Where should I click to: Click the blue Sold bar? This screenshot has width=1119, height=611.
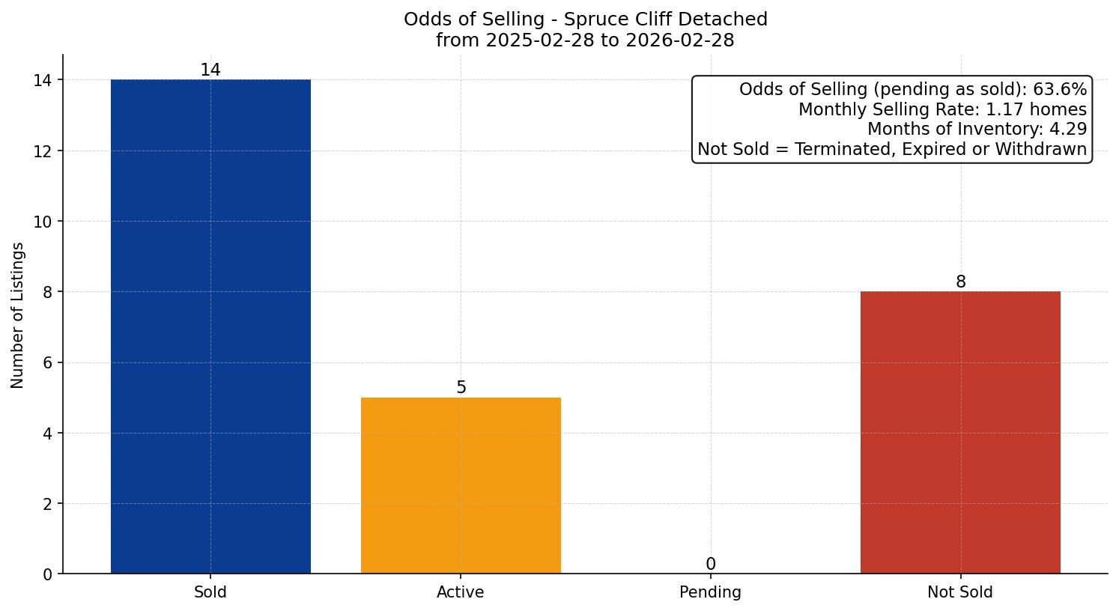[210, 326]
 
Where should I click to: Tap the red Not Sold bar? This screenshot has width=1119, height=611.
[960, 432]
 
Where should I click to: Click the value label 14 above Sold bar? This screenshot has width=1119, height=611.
[210, 70]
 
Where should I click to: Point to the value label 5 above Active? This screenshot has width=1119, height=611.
[461, 388]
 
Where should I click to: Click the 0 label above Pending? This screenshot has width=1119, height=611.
[710, 565]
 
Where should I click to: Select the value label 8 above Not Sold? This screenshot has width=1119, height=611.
[960, 282]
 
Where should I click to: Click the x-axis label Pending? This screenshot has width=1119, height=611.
[710, 592]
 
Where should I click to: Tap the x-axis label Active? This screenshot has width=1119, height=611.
[461, 592]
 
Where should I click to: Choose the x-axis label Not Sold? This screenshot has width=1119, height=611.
[960, 592]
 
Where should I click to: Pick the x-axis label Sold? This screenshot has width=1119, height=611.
[210, 592]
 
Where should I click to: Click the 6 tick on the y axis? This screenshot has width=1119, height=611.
[47, 363]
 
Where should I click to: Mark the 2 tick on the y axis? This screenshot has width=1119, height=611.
[47, 504]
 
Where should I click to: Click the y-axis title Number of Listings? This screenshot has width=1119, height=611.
[18, 315]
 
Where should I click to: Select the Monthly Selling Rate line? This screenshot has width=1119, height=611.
[942, 110]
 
